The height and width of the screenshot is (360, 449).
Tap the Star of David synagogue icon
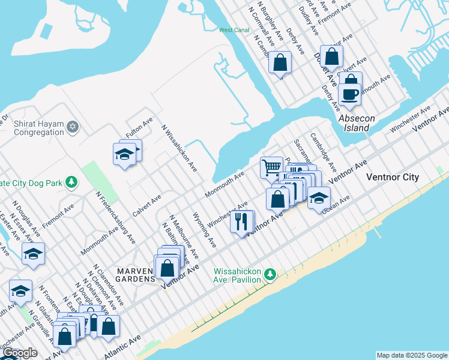coord(73,126)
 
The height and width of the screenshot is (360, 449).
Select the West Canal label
coord(234,30)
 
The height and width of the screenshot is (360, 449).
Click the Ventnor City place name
coord(393,178)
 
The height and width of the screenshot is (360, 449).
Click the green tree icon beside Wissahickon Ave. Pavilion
coord(271,274)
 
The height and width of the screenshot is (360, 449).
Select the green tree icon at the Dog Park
coord(71,181)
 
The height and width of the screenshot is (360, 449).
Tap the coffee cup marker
coord(349,95)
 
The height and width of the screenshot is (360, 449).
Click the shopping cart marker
coord(271,167)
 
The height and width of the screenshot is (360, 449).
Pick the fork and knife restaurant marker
coord(241,221)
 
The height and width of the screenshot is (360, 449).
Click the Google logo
coord(19,353)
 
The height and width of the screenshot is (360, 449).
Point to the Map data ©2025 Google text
coord(411,355)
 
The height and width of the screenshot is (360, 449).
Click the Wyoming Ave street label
coord(204,229)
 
